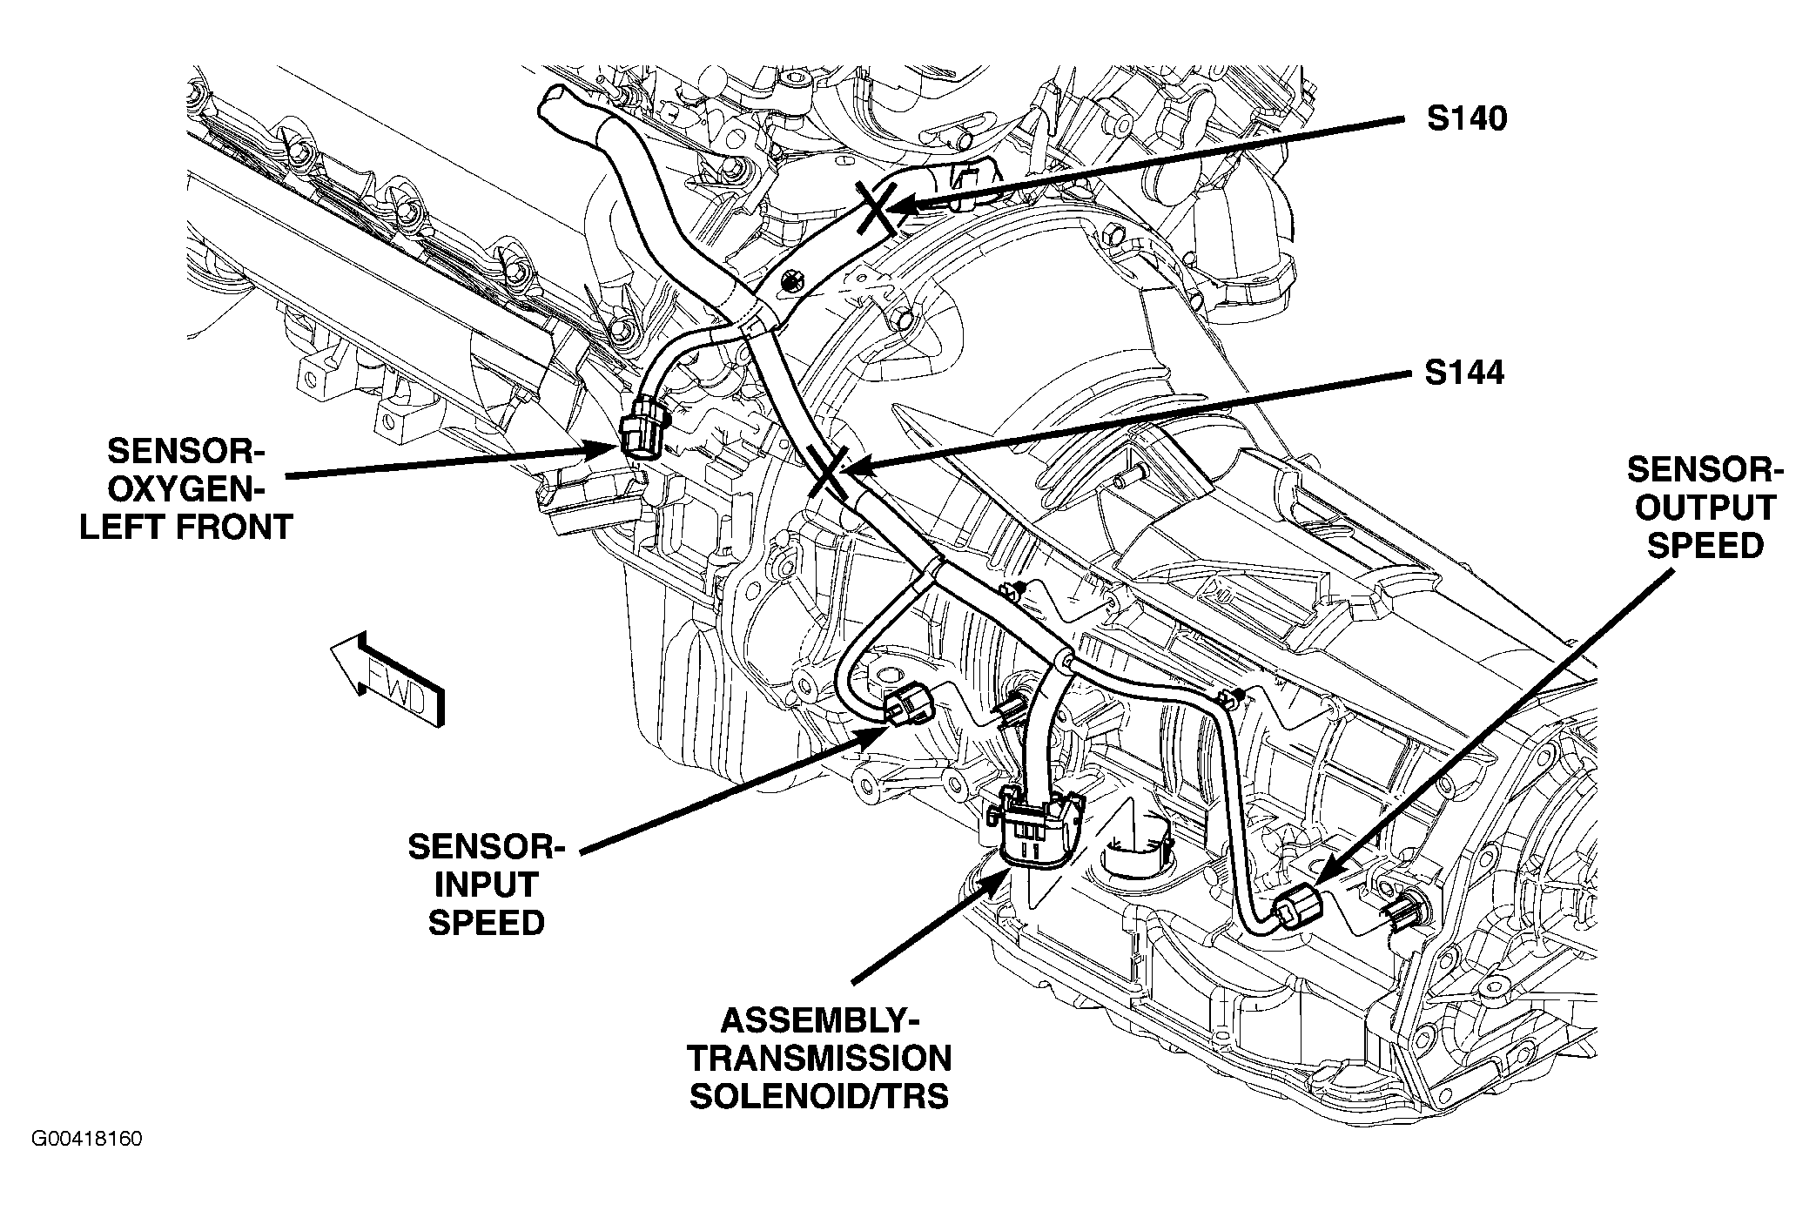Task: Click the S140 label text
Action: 1466,119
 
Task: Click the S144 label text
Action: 1464,373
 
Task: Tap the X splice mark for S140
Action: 877,209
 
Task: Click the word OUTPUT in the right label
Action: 1705,508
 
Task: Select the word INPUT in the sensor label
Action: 487,885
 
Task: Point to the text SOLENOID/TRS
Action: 818,1096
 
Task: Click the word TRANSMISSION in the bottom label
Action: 818,1058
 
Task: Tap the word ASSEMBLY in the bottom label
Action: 818,1019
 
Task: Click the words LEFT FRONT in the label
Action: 185,528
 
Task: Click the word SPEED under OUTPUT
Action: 1705,546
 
